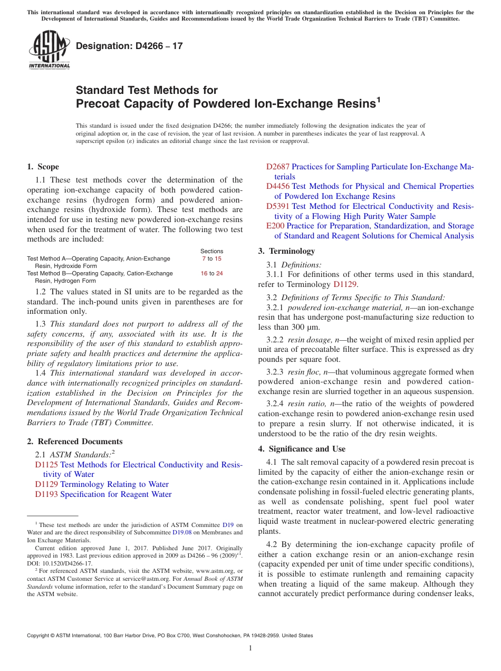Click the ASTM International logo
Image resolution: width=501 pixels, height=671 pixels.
pos(49,51)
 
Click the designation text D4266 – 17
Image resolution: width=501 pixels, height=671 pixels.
pos(129,46)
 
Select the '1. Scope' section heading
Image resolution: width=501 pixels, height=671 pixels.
pos(43,167)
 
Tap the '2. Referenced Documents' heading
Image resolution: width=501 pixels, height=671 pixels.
pos(74,442)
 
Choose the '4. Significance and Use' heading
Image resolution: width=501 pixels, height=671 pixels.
pos(302,449)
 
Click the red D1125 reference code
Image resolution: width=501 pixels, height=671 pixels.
pos(46,465)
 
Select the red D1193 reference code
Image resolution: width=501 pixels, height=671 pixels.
pos(46,494)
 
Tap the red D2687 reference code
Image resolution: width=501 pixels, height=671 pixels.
pos(278,167)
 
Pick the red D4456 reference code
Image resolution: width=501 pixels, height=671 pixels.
pos(278,186)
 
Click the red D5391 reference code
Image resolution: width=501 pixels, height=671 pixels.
pos(278,206)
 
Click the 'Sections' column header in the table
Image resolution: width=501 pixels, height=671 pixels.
pos(211,251)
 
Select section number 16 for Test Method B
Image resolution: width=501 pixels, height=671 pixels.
pos(204,273)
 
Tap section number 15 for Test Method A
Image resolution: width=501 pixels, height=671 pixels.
pos(218,258)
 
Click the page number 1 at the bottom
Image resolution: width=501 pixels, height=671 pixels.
pos(250,648)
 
